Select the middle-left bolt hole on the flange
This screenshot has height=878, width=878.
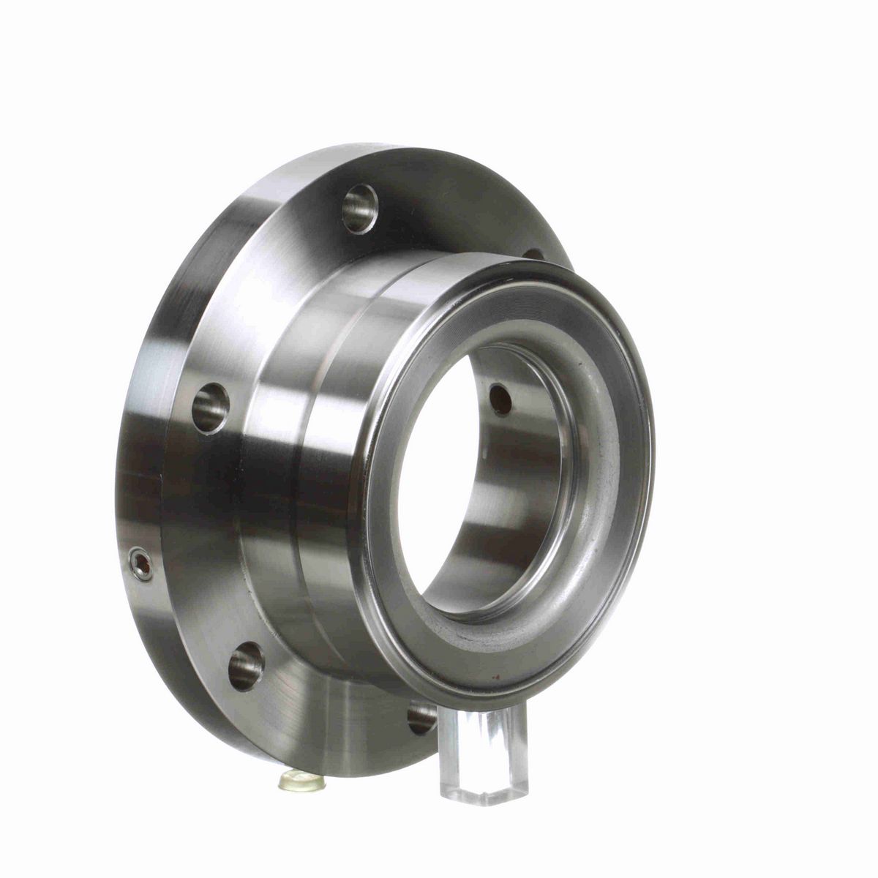[x=211, y=408]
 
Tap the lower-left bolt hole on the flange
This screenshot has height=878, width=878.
[x=246, y=665]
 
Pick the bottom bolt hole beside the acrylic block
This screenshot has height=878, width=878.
[x=421, y=717]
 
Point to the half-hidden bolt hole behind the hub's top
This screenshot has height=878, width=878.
[x=533, y=254]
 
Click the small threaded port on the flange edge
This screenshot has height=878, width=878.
[x=140, y=564]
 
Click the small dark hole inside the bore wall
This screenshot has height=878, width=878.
[x=500, y=399]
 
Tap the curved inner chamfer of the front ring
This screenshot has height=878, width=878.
[x=593, y=512]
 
